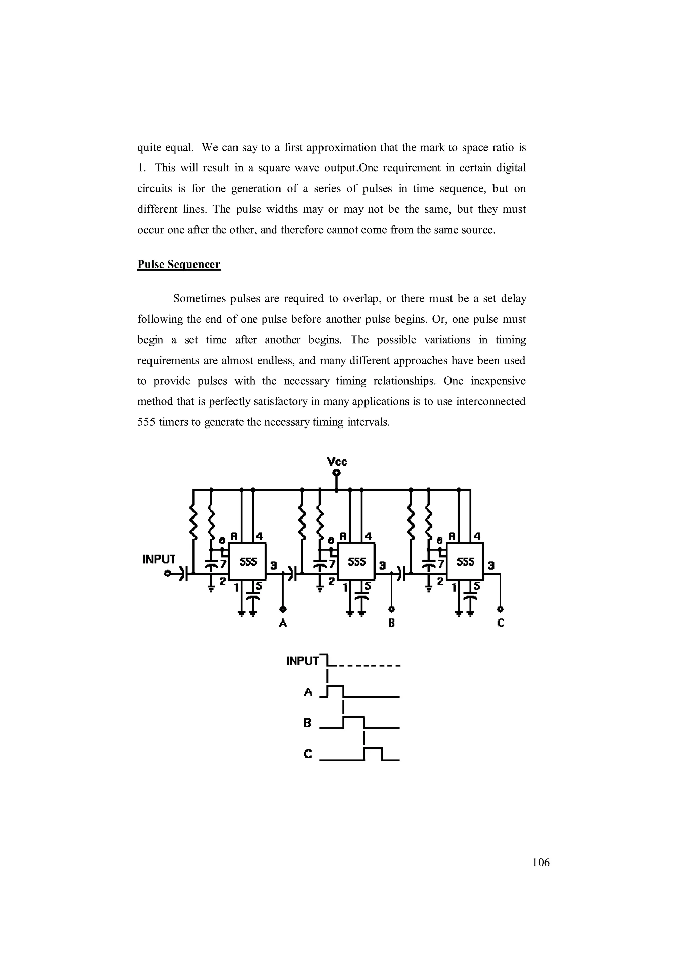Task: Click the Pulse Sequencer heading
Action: [x=178, y=265]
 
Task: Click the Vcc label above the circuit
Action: [x=337, y=461]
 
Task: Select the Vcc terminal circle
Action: [x=337, y=473]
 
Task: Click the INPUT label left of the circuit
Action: [x=159, y=559]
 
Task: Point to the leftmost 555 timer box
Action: [x=248, y=562]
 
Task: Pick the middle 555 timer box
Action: [x=356, y=562]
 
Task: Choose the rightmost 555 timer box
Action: [x=466, y=562]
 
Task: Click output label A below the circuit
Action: [x=283, y=623]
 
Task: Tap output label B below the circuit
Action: [x=391, y=623]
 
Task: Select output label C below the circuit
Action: [x=500, y=623]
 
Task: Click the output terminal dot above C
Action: [x=500, y=610]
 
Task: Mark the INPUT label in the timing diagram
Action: [x=302, y=661]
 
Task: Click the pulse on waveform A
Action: [x=335, y=691]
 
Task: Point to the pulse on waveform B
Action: [x=353, y=723]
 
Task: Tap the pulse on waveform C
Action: [x=373, y=754]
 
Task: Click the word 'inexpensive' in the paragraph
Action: [x=498, y=381]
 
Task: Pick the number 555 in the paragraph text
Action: [x=146, y=422]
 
